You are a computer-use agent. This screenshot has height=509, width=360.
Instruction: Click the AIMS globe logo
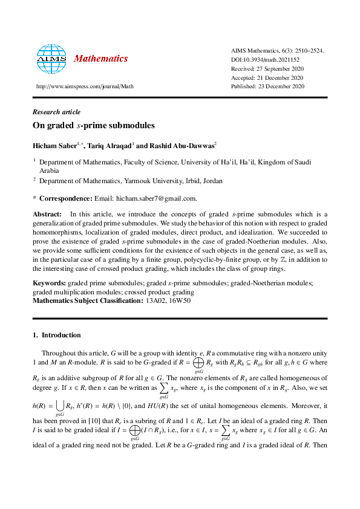pos(52,59)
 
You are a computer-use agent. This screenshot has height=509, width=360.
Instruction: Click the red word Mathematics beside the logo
pos(100,59)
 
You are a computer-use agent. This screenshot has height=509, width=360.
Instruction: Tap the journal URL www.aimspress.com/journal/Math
pos(85,86)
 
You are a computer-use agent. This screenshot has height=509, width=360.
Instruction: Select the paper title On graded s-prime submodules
pos(94,126)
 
